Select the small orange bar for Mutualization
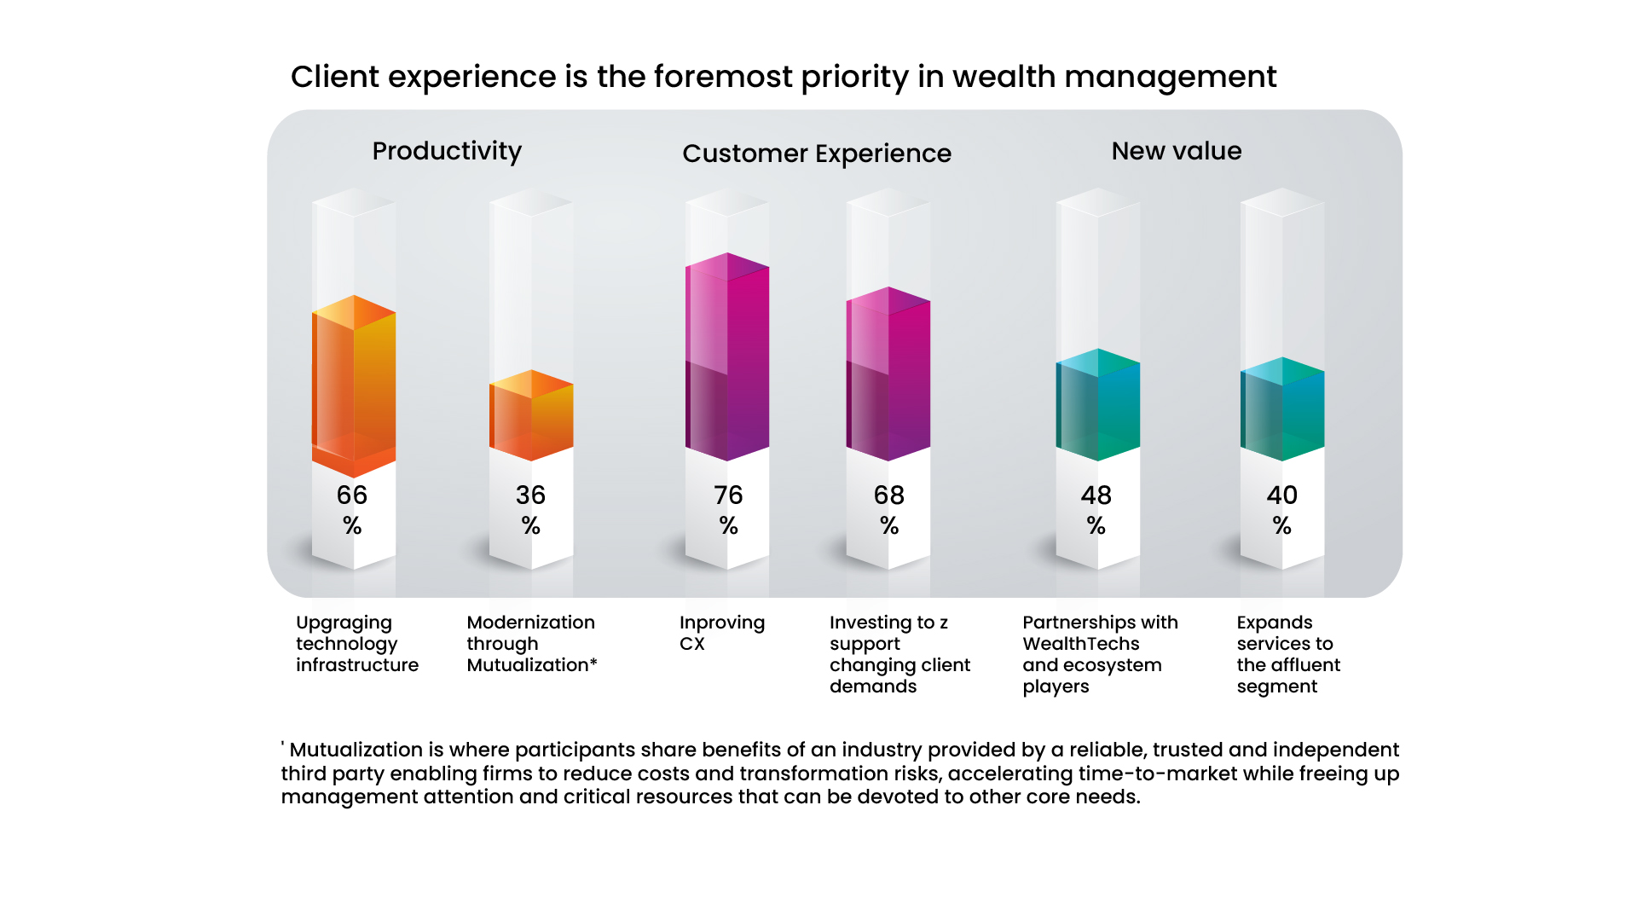(531, 416)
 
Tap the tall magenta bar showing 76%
(727, 358)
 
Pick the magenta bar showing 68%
(888, 375)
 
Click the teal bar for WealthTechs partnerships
(1097, 405)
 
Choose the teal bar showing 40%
(1281, 409)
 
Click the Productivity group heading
(447, 151)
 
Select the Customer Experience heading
(817, 153)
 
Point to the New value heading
(1176, 151)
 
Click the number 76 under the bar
(728, 495)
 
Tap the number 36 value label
(530, 495)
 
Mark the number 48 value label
(1096, 495)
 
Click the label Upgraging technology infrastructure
(357, 644)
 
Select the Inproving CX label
(721, 633)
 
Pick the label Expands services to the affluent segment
(1287, 654)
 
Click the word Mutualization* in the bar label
(531, 665)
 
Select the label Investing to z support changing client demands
(899, 654)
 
